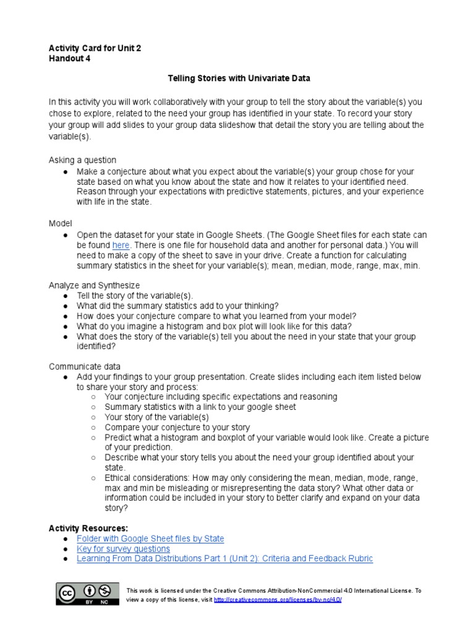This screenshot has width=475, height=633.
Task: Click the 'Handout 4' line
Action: pos(74,59)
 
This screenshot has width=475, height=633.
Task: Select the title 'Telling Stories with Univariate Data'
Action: pos(239,79)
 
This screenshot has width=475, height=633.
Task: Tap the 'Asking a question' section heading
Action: pos(82,160)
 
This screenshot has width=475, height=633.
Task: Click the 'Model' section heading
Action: pos(61,223)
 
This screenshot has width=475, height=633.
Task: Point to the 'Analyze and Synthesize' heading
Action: pos(94,285)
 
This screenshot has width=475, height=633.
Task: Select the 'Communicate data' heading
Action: pos(85,366)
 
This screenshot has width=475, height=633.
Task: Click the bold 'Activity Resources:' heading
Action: pos(88,528)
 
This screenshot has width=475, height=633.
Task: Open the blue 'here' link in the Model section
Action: pos(121,245)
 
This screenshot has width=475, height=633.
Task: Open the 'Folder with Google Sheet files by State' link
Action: pos(150,538)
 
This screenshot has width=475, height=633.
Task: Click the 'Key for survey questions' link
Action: pos(123,548)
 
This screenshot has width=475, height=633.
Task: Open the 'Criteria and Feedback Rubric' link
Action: pos(225,558)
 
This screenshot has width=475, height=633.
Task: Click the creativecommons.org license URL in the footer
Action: pos(278,600)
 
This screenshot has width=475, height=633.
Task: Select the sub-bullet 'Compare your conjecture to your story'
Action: pos(177,427)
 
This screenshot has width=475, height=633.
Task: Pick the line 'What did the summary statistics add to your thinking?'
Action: pos(178,305)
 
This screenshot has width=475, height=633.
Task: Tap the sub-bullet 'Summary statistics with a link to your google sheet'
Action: pos(200,407)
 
